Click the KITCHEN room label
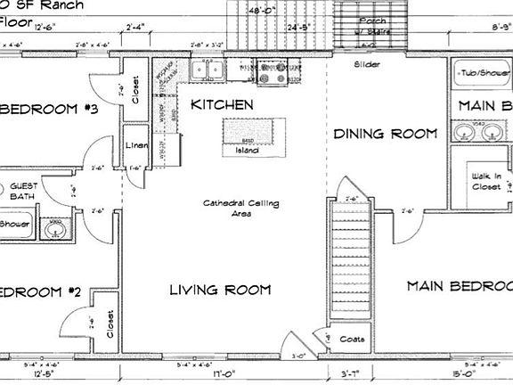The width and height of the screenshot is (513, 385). [223, 105]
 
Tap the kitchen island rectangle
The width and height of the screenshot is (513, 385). [248, 140]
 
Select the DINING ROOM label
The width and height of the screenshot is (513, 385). [386, 134]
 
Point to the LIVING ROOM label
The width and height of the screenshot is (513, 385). [220, 290]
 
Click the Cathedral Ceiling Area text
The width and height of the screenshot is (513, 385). [240, 209]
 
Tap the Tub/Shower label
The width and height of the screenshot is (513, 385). [481, 74]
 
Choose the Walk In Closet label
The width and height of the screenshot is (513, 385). [486, 182]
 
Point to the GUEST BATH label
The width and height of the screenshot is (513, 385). [22, 191]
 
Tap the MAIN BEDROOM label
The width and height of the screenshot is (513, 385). [460, 286]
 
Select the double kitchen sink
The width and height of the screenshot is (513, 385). [208, 70]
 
